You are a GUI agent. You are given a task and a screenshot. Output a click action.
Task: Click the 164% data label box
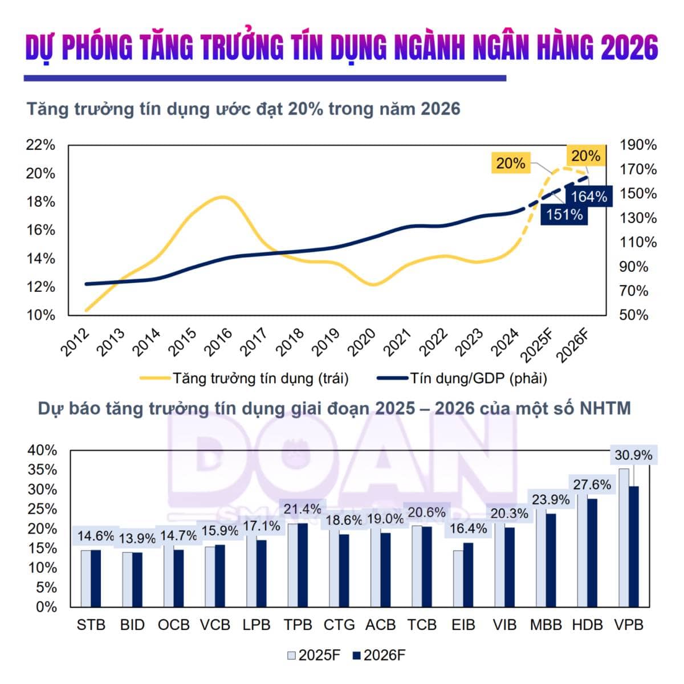click(589, 197)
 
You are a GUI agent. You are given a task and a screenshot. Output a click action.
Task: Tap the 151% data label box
click(564, 214)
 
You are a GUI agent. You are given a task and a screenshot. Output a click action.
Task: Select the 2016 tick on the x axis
click(219, 342)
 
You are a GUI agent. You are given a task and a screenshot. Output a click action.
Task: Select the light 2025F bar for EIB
click(458, 578)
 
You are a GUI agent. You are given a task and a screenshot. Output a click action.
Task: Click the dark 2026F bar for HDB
click(592, 552)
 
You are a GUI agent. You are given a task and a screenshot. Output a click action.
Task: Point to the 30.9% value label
click(633, 455)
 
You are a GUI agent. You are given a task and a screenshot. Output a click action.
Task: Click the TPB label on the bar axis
click(298, 625)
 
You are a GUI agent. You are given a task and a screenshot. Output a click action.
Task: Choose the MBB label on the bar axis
click(545, 625)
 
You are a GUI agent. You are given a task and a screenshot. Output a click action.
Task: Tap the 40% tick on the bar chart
click(42, 450)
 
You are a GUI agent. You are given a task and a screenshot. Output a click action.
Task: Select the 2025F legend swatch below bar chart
click(292, 655)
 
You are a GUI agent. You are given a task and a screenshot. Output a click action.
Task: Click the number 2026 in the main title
click(629, 48)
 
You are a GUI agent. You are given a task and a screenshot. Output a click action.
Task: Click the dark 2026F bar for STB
click(96, 578)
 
